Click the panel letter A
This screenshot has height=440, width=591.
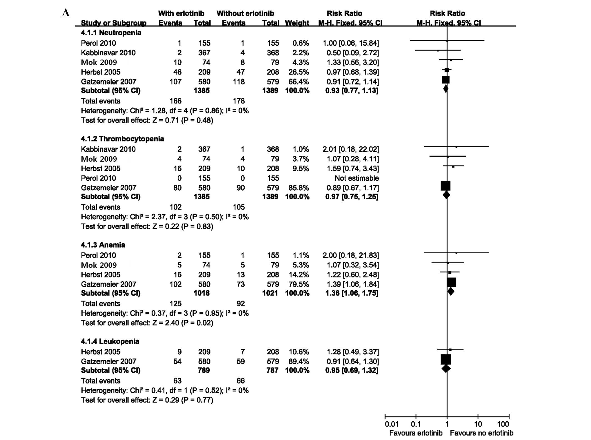66,13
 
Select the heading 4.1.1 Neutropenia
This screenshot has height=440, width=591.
111,33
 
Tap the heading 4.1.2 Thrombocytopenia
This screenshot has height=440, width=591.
122,139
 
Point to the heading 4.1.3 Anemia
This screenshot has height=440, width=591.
103,245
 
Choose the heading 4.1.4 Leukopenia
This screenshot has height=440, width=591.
110,341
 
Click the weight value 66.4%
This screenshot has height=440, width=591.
297,82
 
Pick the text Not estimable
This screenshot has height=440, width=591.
357,178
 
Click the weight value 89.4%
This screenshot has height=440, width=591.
297,361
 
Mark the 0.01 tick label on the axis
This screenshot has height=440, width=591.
391,424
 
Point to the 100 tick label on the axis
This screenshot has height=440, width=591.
503,424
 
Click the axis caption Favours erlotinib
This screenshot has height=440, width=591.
416,433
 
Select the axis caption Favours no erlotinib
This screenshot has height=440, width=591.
481,433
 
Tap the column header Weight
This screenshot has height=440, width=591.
297,23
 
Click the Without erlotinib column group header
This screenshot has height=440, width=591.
245,13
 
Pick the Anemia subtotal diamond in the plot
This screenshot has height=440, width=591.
451,291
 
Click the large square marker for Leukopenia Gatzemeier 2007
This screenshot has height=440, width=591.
446,359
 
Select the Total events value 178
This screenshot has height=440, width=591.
239,101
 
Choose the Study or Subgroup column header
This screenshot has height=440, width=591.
113,23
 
